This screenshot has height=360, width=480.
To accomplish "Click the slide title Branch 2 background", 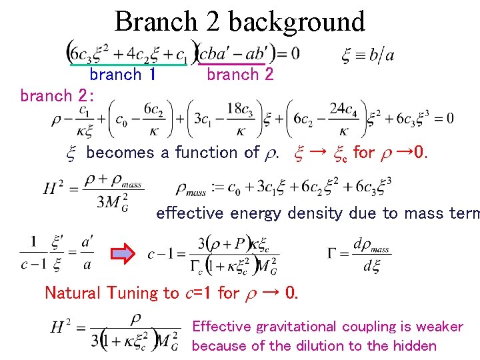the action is click(240, 21).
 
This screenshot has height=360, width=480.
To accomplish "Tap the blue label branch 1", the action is click(123, 74).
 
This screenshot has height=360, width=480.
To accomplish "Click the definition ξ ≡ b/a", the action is click(367, 55).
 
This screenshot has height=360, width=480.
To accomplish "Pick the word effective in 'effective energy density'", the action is click(190, 213).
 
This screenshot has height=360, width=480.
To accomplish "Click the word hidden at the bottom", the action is click(414, 345).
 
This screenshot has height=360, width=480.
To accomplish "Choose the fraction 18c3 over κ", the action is click(239, 118).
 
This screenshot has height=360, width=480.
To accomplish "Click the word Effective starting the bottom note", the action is click(222, 327).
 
